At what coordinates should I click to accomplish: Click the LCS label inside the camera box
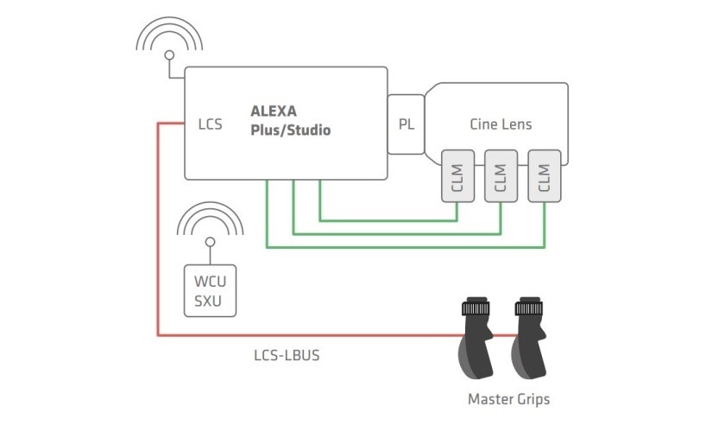pos(210,124)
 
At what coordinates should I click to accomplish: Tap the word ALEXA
pos(274,111)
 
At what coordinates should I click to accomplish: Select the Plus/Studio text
pos(290,130)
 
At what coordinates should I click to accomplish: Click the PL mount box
pos(406,124)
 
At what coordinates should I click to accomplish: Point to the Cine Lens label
pos(501,124)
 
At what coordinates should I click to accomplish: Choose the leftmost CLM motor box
pos(457,176)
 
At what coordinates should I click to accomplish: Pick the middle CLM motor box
pos(501,176)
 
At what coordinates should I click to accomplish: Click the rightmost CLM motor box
pos(545,176)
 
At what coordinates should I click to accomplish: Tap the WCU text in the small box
pos(210,281)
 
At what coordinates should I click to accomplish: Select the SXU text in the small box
pos(208,301)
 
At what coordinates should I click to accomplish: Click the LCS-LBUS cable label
pos(287,355)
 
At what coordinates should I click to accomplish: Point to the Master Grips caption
pos(508,399)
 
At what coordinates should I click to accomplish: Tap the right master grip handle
pos(528,343)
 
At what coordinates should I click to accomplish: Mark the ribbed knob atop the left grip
pos(476,307)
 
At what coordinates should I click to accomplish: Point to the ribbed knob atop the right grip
pos(529,307)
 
